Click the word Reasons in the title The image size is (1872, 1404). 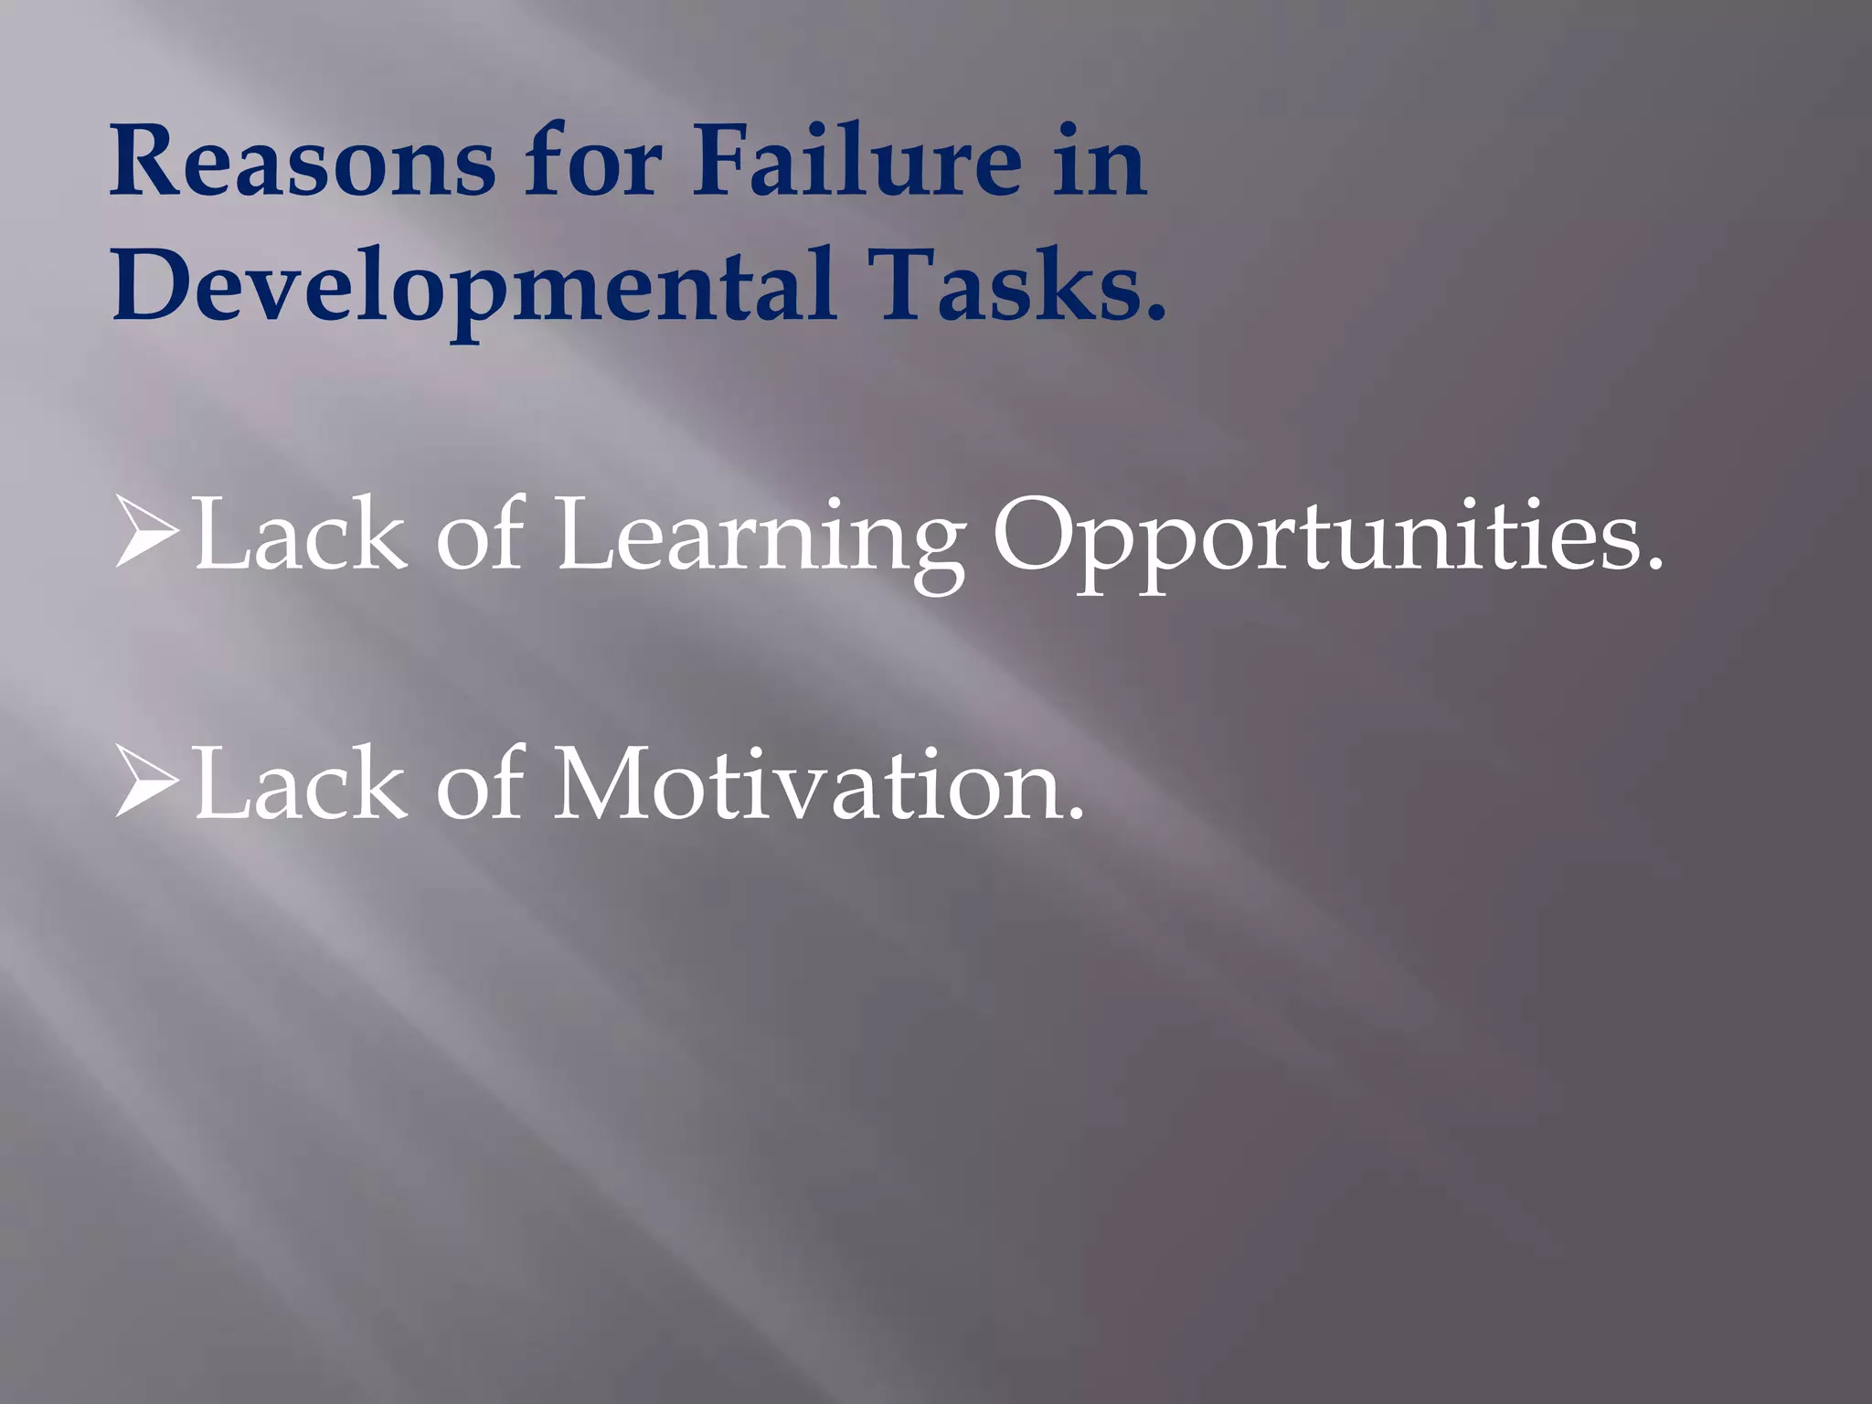tap(303, 163)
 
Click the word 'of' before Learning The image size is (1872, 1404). tap(480, 535)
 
